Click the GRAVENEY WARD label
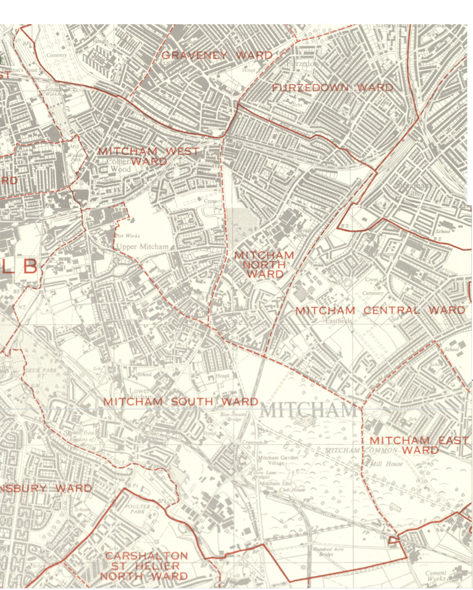pos(217,56)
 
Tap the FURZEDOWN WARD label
pos(332,88)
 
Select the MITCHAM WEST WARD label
pos(148,156)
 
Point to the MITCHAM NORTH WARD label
pos(264,264)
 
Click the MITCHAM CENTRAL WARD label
pos(380,310)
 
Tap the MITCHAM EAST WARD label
pos(419,445)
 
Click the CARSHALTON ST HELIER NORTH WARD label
pos(146,566)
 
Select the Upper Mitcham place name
pos(141,247)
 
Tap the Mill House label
pos(387,463)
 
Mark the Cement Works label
pos(435,576)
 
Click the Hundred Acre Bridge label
pos(324,551)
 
